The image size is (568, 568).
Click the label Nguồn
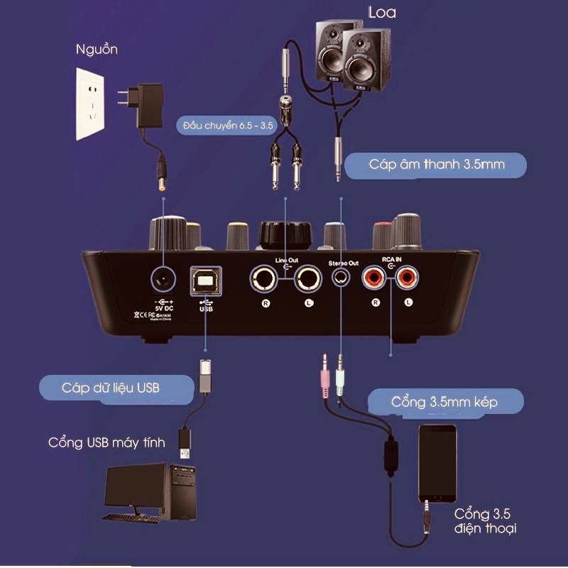pos(97,50)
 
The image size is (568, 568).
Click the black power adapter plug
pos(151,104)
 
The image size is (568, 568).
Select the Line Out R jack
pos(264,279)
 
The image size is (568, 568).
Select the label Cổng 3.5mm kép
pos(444,402)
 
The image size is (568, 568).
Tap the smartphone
pos(437,463)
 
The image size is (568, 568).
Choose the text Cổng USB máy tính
pos(106,442)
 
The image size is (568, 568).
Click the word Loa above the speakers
pos(382,13)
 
